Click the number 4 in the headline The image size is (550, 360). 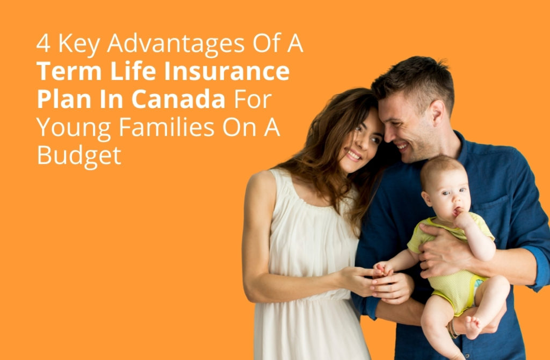pos(43,44)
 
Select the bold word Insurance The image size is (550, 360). pos(227,71)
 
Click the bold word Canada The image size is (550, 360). pos(178,99)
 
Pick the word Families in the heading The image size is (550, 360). pos(167,127)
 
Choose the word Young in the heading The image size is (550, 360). pos(74,128)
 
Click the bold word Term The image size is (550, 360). pos(69,71)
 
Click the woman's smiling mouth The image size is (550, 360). pos(353,154)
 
